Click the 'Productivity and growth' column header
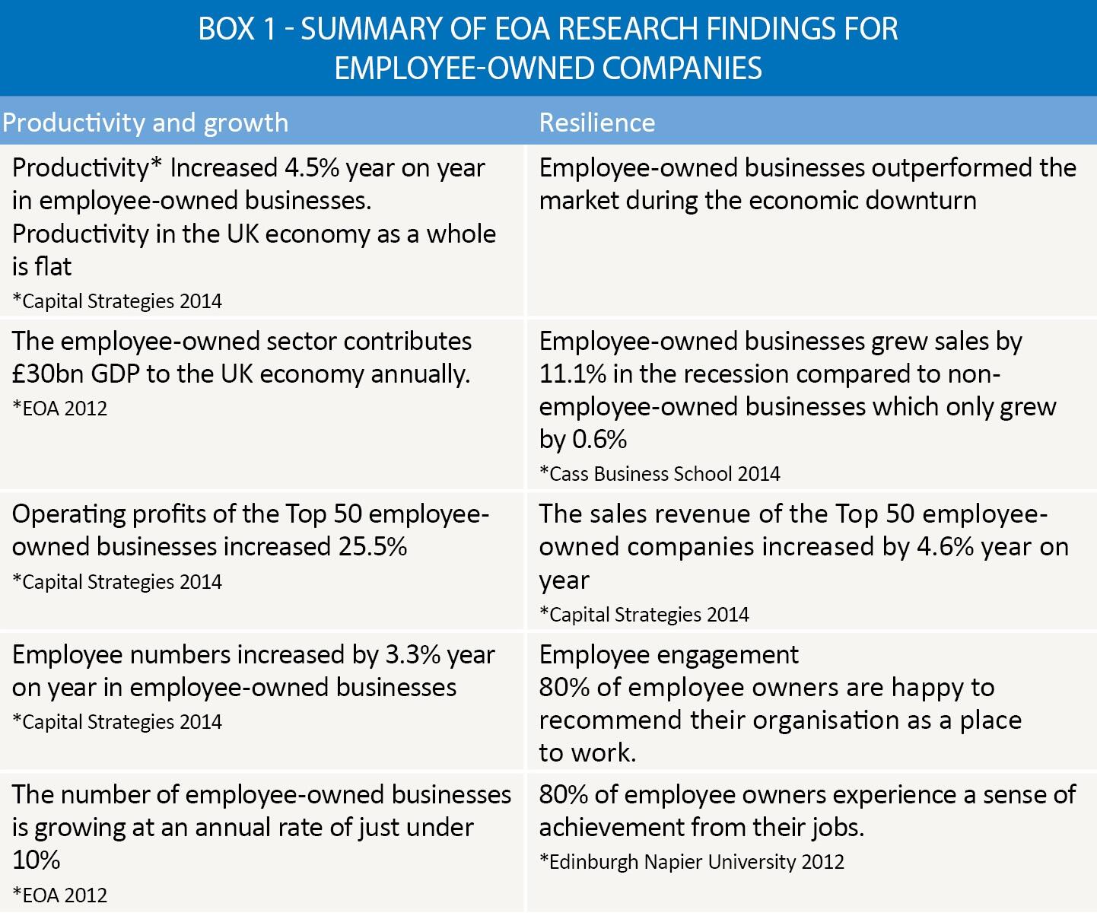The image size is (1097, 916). pyautogui.click(x=145, y=123)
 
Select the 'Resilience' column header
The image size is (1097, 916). pyautogui.click(x=597, y=122)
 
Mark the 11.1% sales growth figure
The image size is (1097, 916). pyautogui.click(x=573, y=374)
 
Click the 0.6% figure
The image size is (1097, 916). pyautogui.click(x=599, y=439)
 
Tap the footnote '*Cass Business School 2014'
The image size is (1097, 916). pyautogui.click(x=660, y=474)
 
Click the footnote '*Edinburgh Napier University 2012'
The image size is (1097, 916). pyautogui.click(x=692, y=862)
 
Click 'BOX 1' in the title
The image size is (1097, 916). pyautogui.click(x=237, y=29)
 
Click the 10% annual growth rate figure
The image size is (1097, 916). pyautogui.click(x=37, y=860)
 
